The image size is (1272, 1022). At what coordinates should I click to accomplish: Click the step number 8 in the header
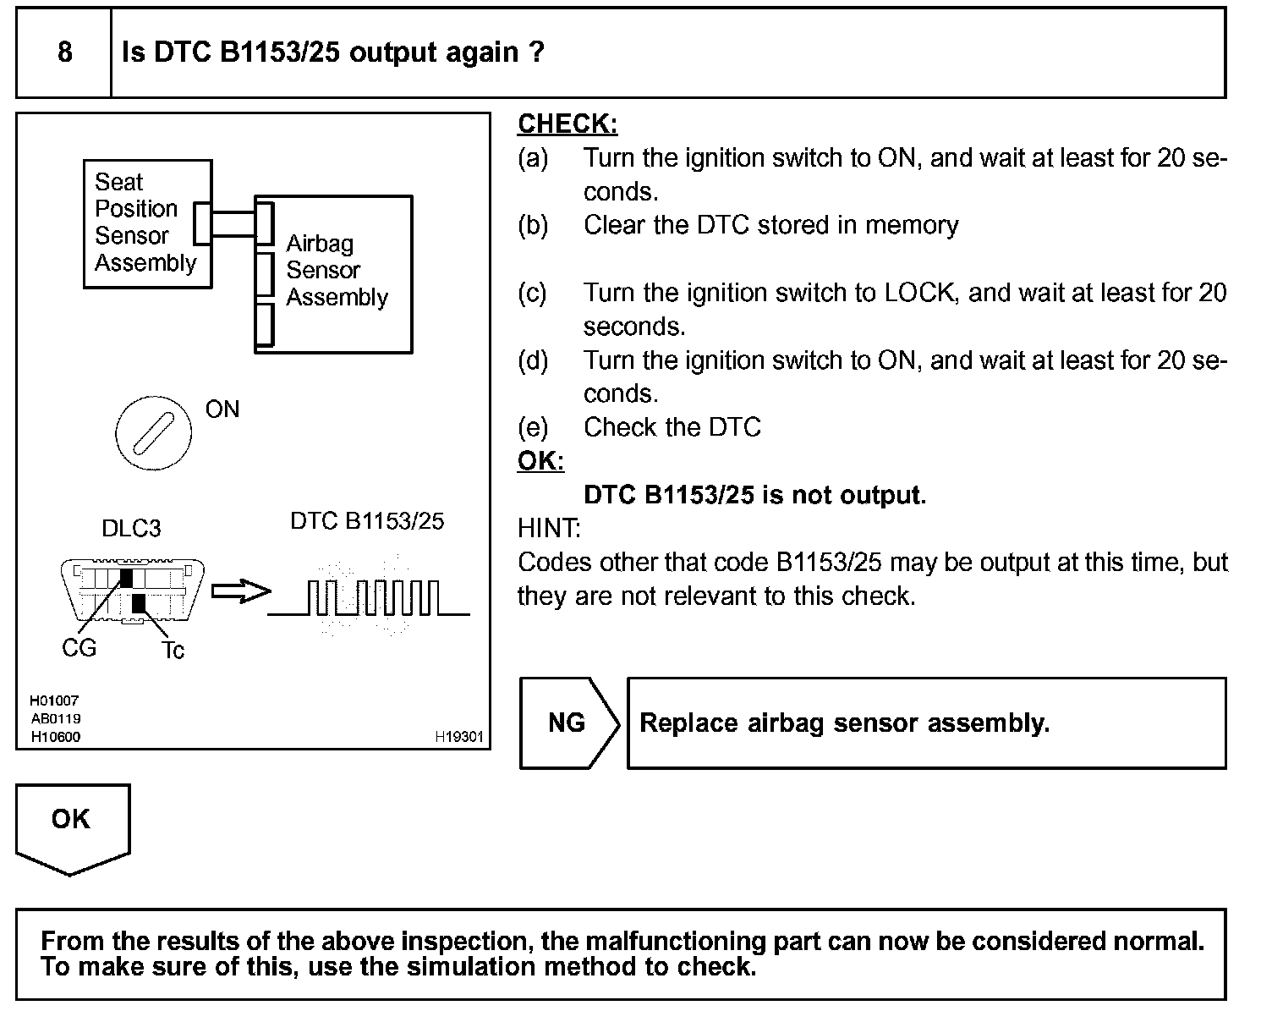[64, 52]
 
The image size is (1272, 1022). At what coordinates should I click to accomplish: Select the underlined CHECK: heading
[567, 124]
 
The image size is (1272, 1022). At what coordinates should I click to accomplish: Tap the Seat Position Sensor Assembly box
[145, 223]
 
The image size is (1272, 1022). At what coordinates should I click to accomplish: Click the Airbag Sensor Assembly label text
[336, 271]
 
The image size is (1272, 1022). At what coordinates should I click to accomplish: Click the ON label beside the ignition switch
[222, 409]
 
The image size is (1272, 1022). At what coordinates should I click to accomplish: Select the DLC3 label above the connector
[131, 529]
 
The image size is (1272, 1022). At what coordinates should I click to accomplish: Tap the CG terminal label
[79, 648]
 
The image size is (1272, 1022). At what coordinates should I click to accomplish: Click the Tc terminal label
[173, 650]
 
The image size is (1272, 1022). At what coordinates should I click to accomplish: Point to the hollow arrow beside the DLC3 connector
[239, 592]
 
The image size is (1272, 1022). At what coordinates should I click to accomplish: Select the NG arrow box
[567, 723]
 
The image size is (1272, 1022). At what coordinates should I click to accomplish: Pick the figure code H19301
[459, 737]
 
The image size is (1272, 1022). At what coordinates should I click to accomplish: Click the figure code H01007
[54, 701]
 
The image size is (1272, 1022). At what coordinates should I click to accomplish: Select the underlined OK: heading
[540, 461]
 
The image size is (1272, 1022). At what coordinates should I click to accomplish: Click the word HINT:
[549, 529]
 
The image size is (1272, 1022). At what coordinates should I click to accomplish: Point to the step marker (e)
[533, 427]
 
